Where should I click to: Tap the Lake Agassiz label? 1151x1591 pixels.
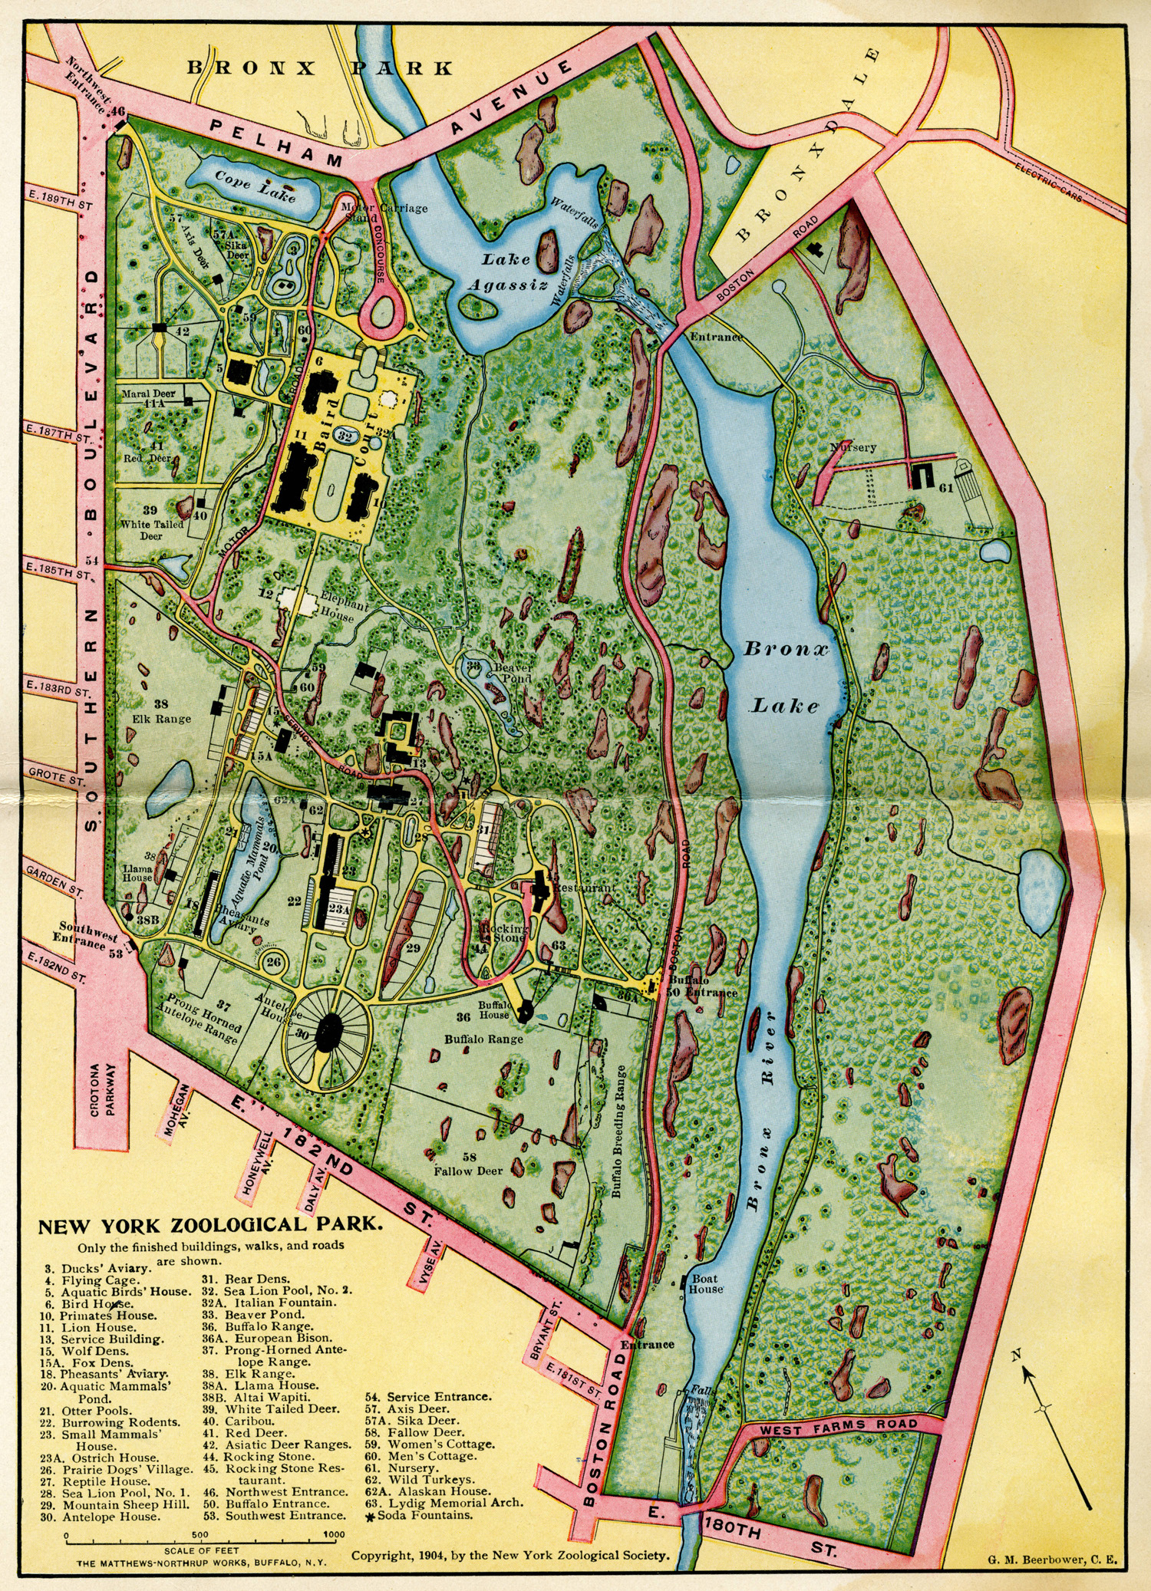tap(507, 272)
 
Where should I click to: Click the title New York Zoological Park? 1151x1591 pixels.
tap(209, 1225)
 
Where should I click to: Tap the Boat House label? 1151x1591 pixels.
tap(706, 1284)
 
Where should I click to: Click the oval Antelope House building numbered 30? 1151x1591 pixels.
tap(329, 1035)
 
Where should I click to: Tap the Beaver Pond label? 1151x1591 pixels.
tap(513, 673)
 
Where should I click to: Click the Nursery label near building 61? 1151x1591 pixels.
tap(852, 447)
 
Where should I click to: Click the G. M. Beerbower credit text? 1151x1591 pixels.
tap(1052, 1559)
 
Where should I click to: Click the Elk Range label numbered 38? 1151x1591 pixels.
tap(161, 712)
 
